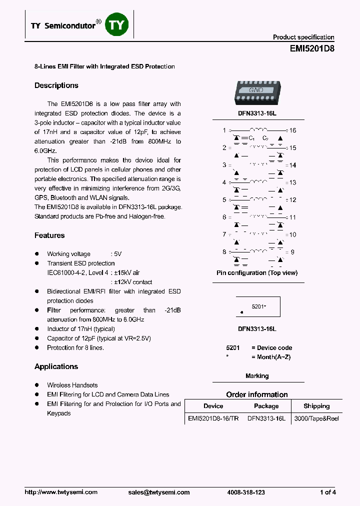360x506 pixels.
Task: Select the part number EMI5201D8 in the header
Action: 312,49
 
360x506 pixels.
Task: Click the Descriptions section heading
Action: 56,85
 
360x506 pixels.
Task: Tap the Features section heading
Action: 49,235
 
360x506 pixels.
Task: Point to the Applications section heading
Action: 56,366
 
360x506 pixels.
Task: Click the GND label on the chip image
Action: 256,90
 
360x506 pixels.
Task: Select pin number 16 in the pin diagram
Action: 292,130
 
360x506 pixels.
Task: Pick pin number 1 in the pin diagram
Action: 224,130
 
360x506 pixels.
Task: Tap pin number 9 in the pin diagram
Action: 292,252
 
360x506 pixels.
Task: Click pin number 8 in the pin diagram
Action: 224,252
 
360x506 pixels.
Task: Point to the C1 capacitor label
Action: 251,138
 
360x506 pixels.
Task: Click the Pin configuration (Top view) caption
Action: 257,273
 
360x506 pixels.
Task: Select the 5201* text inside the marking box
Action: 258,306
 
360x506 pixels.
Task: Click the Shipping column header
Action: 316,406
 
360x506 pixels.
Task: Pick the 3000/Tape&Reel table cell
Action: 316,418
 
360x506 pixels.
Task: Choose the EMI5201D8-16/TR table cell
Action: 213,418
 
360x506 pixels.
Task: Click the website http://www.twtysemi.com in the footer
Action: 61,492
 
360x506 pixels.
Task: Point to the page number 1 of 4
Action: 327,492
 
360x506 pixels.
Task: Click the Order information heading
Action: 257,394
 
